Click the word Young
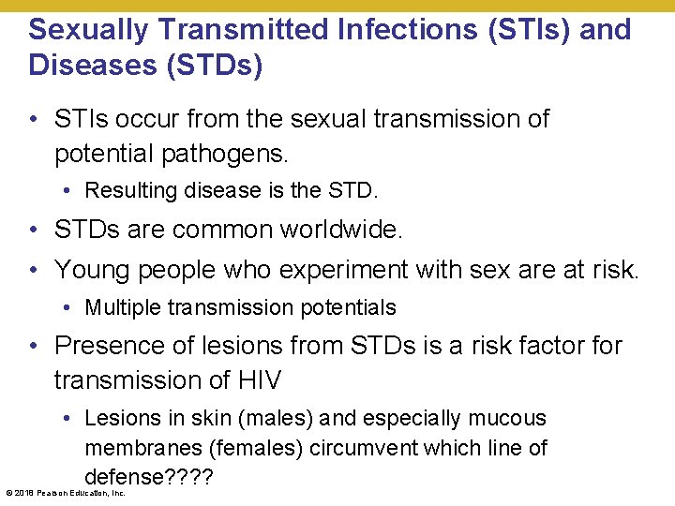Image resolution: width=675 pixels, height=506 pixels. pos(90,270)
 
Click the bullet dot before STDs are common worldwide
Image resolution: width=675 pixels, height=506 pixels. pos(34,231)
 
